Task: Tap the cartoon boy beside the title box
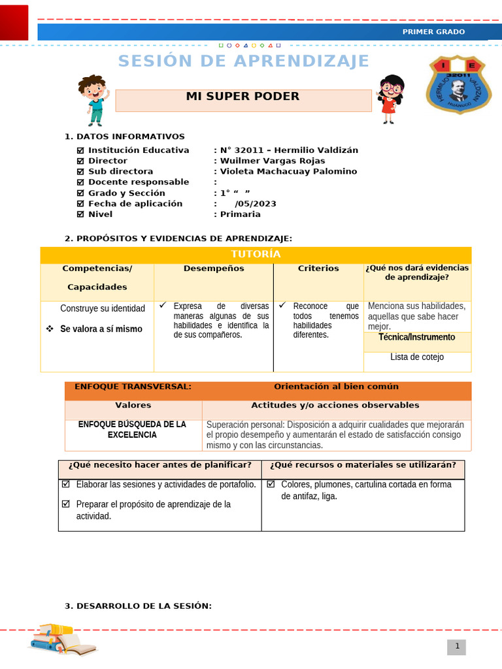[93, 99]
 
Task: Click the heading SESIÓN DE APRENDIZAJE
[244, 61]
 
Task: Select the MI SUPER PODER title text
[243, 97]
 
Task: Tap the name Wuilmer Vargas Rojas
[273, 161]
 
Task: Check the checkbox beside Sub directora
[81, 172]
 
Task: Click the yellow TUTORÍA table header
[256, 254]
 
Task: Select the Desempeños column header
[214, 269]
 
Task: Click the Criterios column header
[318, 269]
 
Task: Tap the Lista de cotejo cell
[417, 357]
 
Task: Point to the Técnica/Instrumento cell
[417, 337]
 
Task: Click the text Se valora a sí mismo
[101, 329]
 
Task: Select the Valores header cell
[133, 406]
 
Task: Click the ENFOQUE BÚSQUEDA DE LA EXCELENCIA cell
[132, 429]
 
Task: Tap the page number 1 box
[457, 647]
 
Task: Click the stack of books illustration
[62, 638]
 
